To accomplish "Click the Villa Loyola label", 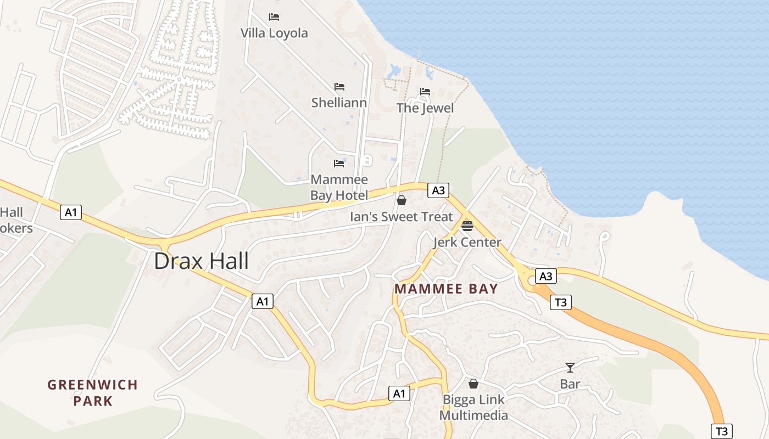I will [274, 33].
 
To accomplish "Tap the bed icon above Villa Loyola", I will [274, 17].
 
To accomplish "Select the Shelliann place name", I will [339, 103].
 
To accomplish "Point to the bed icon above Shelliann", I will [339, 87].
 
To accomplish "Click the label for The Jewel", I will [425, 108].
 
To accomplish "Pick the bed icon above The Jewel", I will [425, 92].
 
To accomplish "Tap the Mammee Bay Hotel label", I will [339, 187].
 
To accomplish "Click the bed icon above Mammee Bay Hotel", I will [339, 164].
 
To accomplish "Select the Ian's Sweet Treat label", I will [402, 217].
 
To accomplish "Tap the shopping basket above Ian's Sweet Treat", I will [402, 200].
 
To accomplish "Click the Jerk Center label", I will [467, 242].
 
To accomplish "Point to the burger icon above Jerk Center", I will [467, 226].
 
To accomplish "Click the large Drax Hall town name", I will [201, 261].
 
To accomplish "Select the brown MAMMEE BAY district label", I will [446, 289].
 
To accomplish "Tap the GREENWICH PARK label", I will [92, 392].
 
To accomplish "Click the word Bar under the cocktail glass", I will [570, 384].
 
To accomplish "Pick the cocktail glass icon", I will [570, 368].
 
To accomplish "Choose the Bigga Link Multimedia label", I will [473, 407].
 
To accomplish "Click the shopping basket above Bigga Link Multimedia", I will [473, 384].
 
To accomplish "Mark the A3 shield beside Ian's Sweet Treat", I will [438, 190].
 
